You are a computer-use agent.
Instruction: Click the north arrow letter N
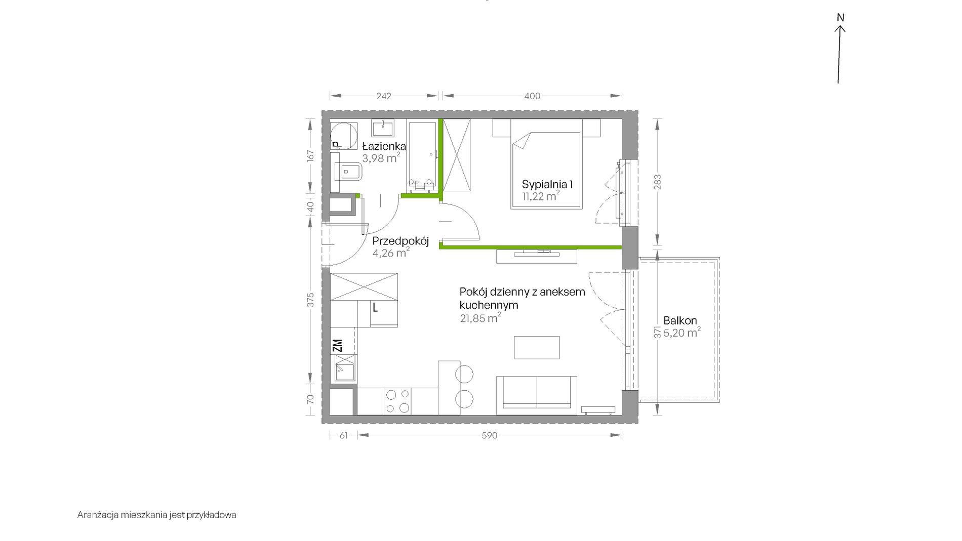pos(840,18)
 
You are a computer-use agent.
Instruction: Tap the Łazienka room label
pos(384,146)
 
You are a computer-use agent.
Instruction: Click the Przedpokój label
pos(400,241)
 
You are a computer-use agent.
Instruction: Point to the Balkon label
pos(680,320)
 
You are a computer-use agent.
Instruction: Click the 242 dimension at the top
pos(384,96)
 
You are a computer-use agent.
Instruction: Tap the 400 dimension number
pos(532,96)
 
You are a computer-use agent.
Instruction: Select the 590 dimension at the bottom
pos(490,435)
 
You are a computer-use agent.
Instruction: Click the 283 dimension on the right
pos(658,182)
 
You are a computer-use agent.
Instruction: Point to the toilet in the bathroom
pos(346,173)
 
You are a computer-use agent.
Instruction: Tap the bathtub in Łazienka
pos(422,157)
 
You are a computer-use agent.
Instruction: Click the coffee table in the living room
pos(537,348)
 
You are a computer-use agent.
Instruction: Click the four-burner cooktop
pos(397,401)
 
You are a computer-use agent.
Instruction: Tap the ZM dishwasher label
pos(338,346)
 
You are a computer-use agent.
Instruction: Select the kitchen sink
pos(344,368)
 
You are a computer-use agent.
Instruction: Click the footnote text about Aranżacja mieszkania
pos(157,515)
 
